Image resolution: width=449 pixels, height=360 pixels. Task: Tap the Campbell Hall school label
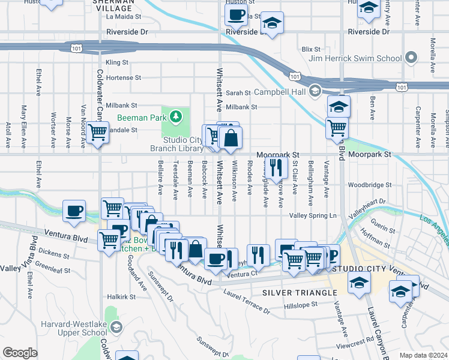(x=280, y=92)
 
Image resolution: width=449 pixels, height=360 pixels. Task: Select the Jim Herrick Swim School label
(x=355, y=58)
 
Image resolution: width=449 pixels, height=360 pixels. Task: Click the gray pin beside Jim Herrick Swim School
(x=411, y=58)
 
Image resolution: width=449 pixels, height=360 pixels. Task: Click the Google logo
(x=20, y=353)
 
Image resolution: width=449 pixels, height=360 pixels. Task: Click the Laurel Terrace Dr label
(x=246, y=301)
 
